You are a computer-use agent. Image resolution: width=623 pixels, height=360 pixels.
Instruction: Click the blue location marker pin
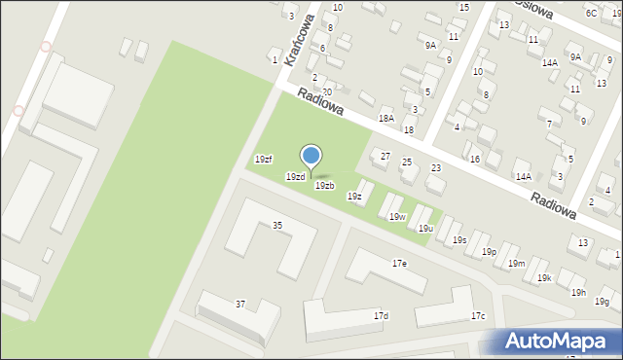[311, 157]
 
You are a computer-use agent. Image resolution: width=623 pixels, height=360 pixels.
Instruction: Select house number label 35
[277, 225]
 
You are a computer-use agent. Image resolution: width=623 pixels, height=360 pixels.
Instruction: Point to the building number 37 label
[240, 304]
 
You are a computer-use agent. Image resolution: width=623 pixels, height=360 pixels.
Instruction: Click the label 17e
[399, 264]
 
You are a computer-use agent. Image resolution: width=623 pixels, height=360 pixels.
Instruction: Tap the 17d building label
[382, 315]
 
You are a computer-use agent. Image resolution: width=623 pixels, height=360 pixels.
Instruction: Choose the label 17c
[478, 315]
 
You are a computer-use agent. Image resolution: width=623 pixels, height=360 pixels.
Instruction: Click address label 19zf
[263, 159]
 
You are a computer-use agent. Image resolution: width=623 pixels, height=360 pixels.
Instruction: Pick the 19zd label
[295, 176]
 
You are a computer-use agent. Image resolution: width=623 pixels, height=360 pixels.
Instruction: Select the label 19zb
[325, 185]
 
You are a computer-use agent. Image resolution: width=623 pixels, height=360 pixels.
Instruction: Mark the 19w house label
[396, 216]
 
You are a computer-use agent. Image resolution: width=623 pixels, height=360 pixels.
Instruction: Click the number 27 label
[385, 156]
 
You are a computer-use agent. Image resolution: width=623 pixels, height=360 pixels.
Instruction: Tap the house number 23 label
[436, 167]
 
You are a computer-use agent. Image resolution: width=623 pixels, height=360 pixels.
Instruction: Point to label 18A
[385, 118]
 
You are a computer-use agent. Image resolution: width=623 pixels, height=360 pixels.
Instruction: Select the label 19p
[489, 251]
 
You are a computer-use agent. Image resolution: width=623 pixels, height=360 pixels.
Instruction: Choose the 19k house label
[544, 277]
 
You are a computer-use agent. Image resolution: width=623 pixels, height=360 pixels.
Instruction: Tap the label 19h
[578, 292]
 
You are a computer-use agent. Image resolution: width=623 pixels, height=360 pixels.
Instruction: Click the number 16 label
[475, 159]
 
